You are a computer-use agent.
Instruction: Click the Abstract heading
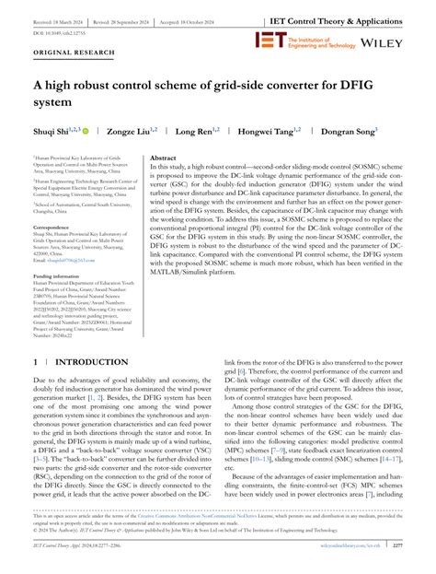[163, 159]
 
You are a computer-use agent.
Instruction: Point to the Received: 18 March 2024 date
[44, 18]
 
